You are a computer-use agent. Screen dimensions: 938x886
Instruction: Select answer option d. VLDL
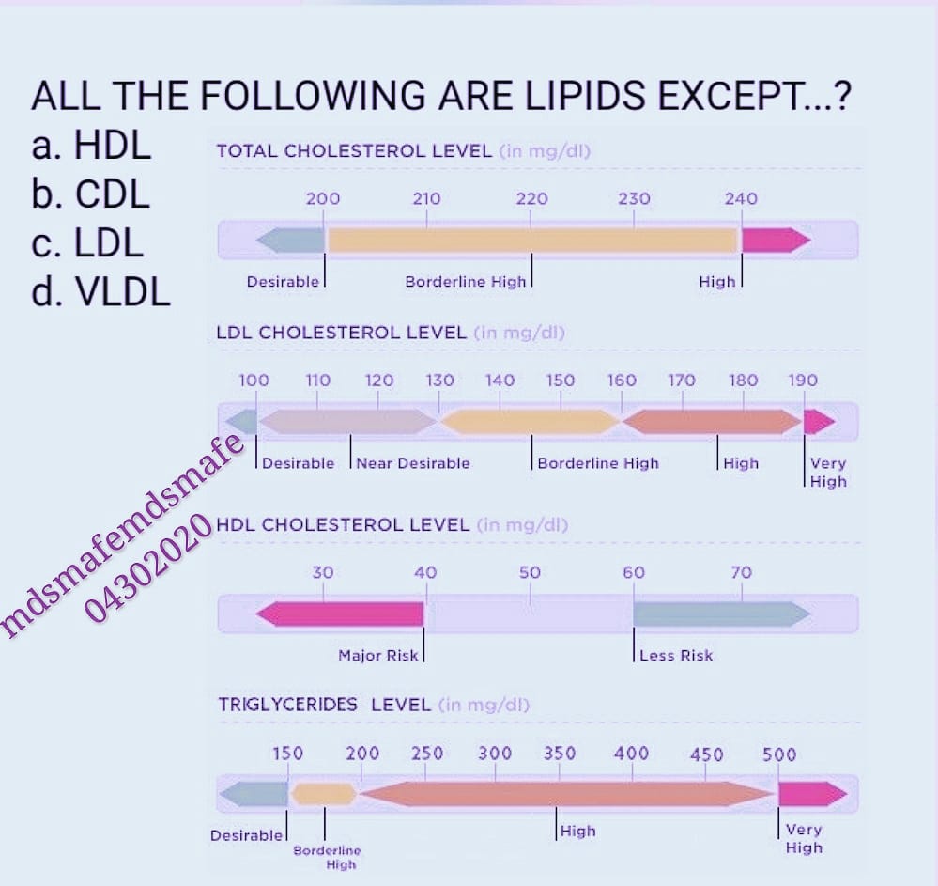tap(100, 292)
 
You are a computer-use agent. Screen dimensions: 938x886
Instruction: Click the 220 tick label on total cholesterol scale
tap(531, 198)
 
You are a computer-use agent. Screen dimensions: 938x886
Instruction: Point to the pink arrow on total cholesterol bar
tap(776, 241)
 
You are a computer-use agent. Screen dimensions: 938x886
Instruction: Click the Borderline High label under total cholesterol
tap(466, 281)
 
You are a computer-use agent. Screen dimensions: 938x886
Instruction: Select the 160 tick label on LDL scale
tap(622, 381)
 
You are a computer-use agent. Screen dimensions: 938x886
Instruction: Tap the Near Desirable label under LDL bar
tap(413, 463)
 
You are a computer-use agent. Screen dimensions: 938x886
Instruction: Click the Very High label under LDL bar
tap(828, 473)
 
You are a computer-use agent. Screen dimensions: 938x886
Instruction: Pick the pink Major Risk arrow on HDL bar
tap(340, 614)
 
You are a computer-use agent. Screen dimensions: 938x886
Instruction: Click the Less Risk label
tap(676, 656)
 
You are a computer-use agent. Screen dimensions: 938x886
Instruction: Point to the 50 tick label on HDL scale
tap(530, 572)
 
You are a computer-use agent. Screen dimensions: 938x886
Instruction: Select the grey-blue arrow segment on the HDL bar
tap(722, 614)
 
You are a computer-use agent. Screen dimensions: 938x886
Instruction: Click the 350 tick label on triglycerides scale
tap(560, 754)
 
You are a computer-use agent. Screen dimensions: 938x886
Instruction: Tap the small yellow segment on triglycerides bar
tap(324, 795)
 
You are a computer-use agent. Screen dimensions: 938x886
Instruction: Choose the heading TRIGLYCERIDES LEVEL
tap(324, 705)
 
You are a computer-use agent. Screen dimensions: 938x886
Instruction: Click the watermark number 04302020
tap(148, 567)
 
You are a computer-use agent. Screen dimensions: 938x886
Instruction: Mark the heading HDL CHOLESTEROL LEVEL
tap(343, 525)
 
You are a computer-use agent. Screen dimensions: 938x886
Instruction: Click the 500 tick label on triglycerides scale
tap(779, 754)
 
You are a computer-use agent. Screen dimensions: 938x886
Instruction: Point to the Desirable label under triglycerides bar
tap(246, 835)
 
